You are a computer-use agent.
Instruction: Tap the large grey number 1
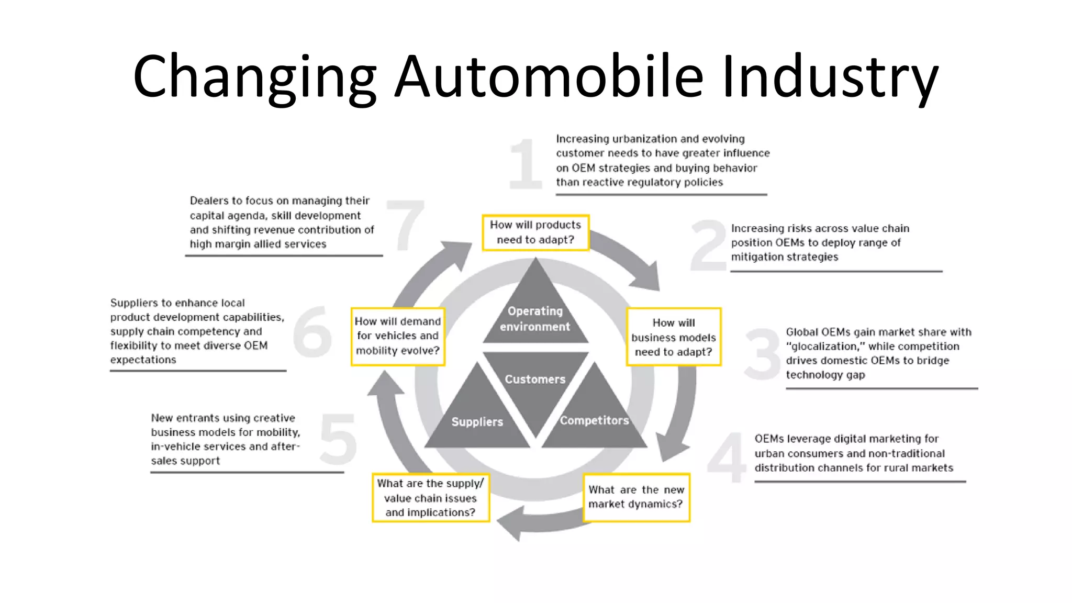525,164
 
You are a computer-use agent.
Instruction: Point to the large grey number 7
406,225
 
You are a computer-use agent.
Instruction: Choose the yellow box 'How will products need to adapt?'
535,232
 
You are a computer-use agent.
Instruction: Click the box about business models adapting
673,337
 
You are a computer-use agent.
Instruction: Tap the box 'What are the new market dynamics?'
636,497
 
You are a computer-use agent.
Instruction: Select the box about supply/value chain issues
430,498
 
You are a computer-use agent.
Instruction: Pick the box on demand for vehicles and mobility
398,336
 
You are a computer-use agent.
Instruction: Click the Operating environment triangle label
535,319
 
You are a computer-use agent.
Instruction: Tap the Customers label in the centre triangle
535,379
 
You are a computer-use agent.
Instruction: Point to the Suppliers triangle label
477,422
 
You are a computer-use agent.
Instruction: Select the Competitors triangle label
594,420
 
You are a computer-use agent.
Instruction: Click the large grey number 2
708,246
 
